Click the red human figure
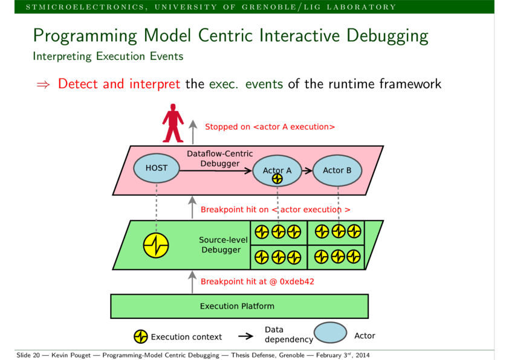coord(173,123)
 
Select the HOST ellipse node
coord(157,168)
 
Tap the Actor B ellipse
coord(337,170)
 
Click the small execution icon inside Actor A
coord(277,178)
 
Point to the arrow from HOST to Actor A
coord(216,170)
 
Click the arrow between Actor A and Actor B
coord(307,170)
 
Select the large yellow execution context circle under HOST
coord(156,245)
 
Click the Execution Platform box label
coord(237,306)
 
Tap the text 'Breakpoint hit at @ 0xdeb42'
coord(258,281)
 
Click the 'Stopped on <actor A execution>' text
coord(270,127)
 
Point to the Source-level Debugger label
coord(222,245)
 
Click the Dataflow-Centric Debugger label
coord(220,159)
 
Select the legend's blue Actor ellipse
coord(331,332)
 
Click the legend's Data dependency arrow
coord(246,336)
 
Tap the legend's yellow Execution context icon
coord(141,336)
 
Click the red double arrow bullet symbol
coord(43,85)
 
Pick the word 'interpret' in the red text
coord(155,84)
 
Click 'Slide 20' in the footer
coord(28,355)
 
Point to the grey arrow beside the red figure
coord(193,132)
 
